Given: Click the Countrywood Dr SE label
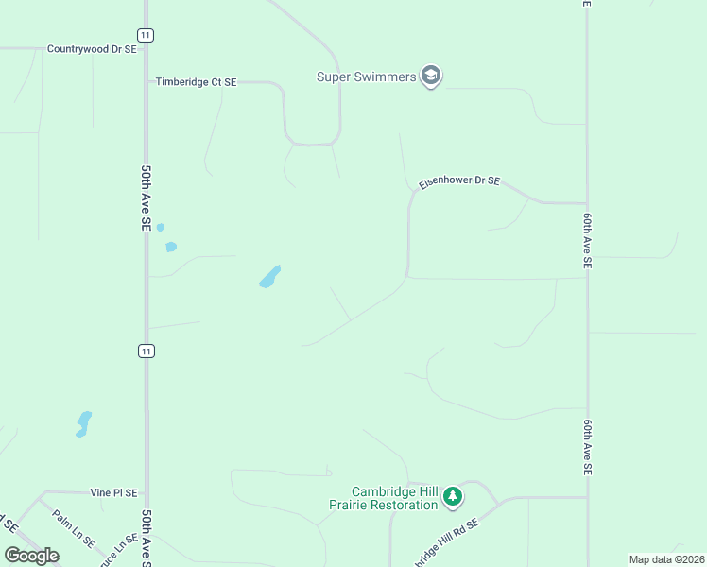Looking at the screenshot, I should coord(92,49).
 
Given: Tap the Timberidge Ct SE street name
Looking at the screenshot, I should coord(196,83).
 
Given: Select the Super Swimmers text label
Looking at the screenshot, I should coord(366,77).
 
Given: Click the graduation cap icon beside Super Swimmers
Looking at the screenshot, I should coord(431,76).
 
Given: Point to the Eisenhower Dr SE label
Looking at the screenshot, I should coord(459,181).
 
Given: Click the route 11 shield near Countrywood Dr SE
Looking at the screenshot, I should coord(145,35).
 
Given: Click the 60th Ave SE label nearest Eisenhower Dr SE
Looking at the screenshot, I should coord(587,242).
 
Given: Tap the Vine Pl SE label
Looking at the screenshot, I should coord(113,493).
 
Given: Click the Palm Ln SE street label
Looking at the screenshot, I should coord(73,530).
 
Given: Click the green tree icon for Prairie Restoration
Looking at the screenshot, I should coord(454,496).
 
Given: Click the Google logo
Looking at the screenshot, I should coord(32,556).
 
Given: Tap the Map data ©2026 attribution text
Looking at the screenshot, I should coord(666,559).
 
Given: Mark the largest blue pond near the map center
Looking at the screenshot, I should coord(270,277).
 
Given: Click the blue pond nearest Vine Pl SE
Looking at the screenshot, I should coord(83,423).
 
